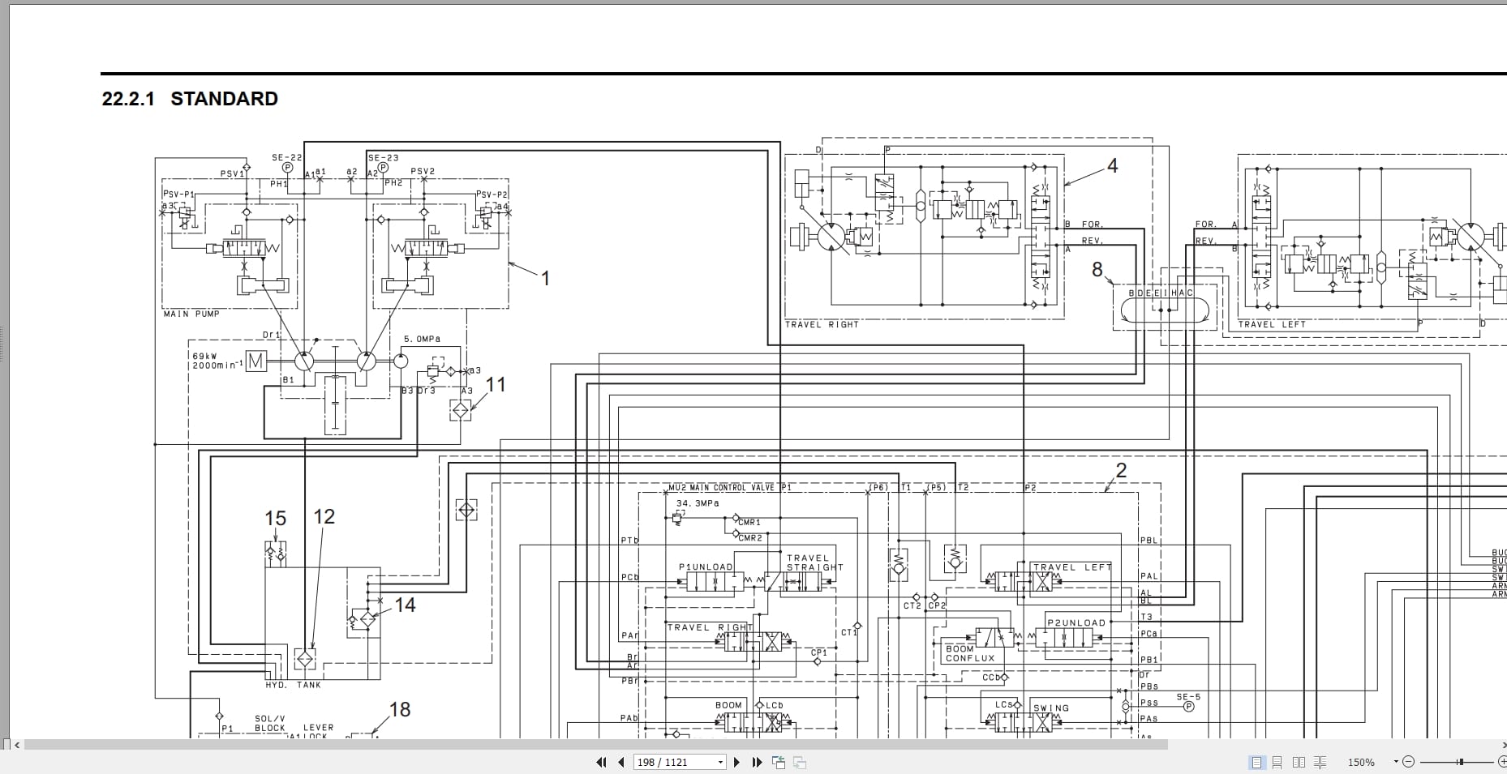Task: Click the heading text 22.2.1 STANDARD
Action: coord(190,99)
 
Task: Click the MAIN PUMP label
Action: coord(191,314)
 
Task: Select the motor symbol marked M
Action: coord(255,361)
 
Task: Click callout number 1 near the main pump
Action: coord(546,279)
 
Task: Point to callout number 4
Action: coord(1113,166)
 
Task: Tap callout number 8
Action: coord(1097,270)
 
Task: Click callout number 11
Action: coord(496,385)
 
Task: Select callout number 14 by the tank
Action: coord(405,605)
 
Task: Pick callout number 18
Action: coord(400,710)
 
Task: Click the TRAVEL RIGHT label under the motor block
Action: coord(821,324)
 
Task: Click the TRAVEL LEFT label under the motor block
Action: coord(1272,324)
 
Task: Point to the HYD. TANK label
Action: coord(293,685)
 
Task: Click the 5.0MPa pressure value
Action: coord(423,339)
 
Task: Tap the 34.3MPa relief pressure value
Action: coord(697,503)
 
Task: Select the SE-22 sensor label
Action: coord(286,158)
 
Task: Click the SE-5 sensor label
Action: coord(1188,696)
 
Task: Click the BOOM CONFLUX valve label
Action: coord(970,653)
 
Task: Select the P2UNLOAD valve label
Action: coord(1076,622)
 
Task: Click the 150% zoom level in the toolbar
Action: coord(1361,762)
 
